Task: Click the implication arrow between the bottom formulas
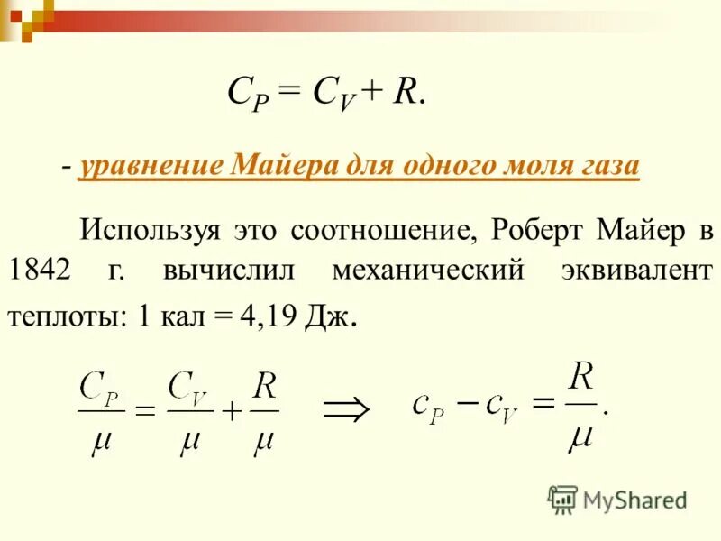click(x=347, y=409)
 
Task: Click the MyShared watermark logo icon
click(x=562, y=499)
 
